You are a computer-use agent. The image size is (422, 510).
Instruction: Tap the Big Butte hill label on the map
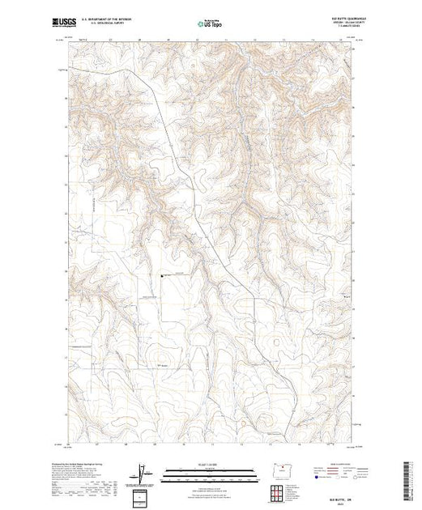pos(163,366)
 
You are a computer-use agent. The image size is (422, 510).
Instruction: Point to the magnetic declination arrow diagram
pos(143,471)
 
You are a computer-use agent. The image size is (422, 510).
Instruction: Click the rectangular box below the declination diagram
pos(143,496)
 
